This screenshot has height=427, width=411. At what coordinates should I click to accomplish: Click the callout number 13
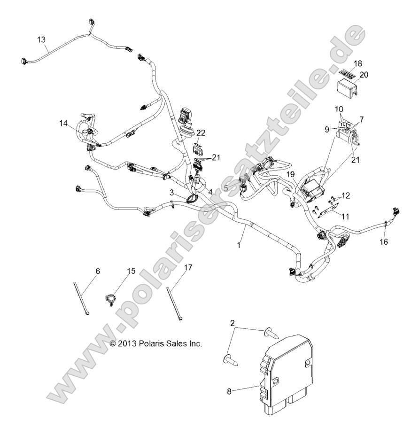pyautogui.click(x=42, y=40)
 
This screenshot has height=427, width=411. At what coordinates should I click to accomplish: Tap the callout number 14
pyautogui.click(x=63, y=123)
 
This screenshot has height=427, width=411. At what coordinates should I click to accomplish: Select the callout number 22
pyautogui.click(x=201, y=133)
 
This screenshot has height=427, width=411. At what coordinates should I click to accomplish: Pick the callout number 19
pyautogui.click(x=291, y=174)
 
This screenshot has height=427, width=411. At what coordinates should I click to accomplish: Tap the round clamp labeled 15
pyautogui.click(x=109, y=299)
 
